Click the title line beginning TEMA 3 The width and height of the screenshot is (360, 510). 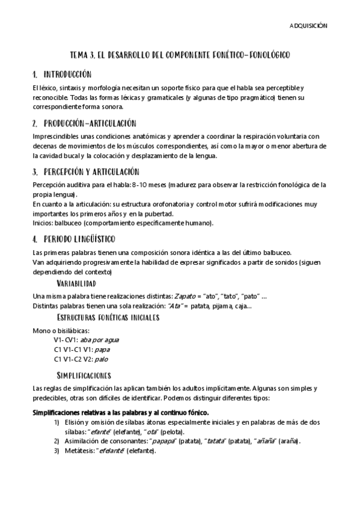pos(180,55)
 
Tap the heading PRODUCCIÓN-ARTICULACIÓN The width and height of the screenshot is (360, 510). pos(90,123)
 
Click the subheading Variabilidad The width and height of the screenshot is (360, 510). pos(76,283)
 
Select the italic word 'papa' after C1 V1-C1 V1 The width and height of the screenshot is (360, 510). pos(102,349)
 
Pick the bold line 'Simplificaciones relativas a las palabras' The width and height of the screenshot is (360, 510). pos(120,412)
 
